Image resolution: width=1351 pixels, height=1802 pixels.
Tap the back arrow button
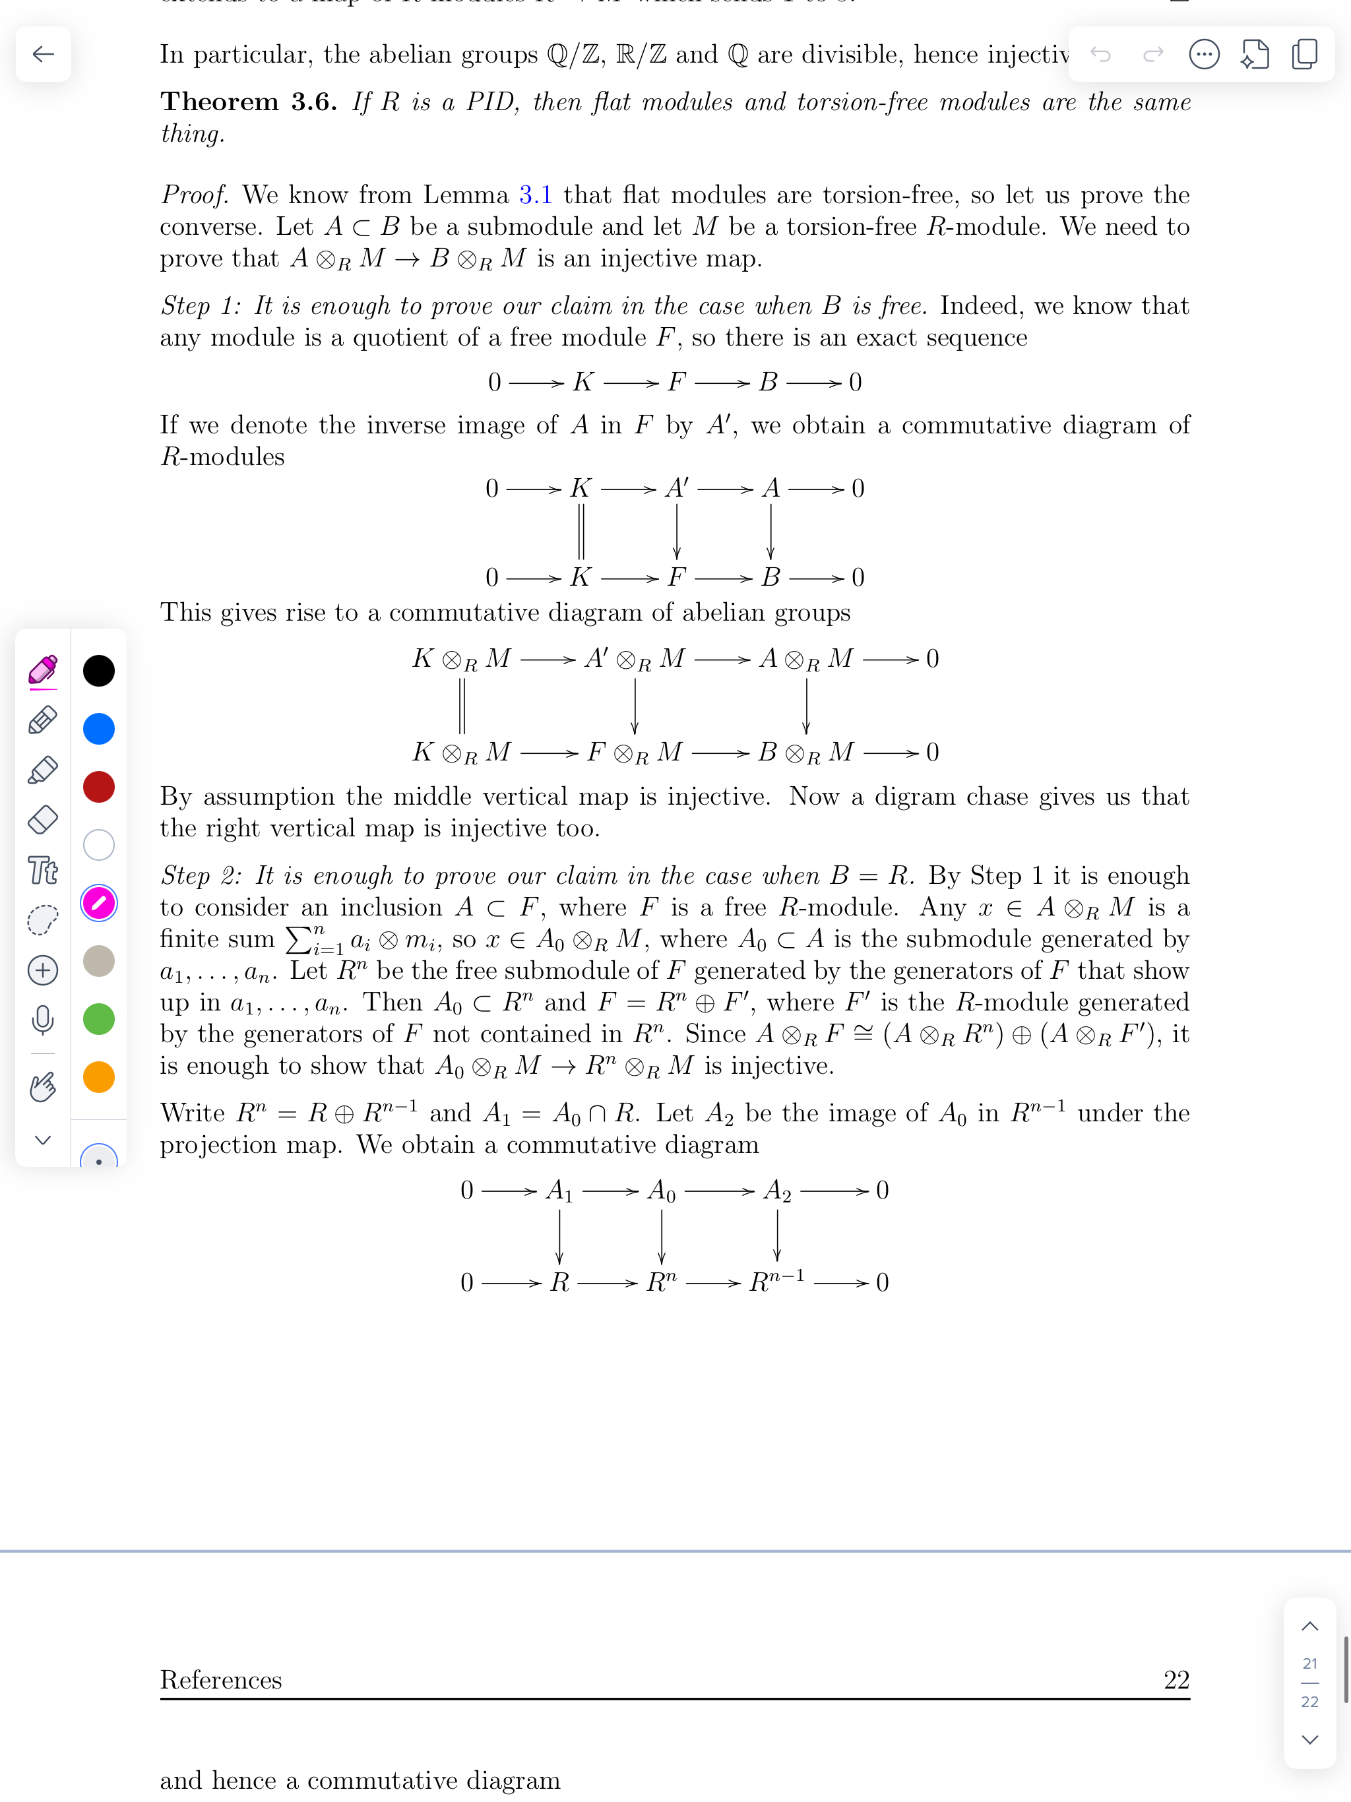tap(43, 55)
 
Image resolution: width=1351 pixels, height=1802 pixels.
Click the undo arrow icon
tap(1101, 55)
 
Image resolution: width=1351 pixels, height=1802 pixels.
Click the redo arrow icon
tap(1153, 55)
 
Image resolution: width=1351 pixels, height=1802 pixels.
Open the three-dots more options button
tap(1203, 55)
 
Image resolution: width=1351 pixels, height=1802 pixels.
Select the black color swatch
tap(98, 670)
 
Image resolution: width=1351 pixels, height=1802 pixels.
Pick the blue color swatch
tap(98, 728)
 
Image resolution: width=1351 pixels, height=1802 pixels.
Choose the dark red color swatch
tap(98, 787)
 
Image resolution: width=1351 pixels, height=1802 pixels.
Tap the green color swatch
tap(98, 1019)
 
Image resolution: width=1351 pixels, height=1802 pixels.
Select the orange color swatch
tap(98, 1077)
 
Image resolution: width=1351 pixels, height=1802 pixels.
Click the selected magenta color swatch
tap(98, 902)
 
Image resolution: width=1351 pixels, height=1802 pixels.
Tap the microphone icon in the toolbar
tap(43, 1019)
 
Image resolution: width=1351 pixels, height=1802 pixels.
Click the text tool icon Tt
tap(43, 870)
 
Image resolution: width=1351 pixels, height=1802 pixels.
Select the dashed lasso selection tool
tap(43, 919)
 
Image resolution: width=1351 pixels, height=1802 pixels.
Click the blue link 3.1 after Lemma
tap(536, 195)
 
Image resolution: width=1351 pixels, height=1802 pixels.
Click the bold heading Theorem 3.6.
tap(249, 102)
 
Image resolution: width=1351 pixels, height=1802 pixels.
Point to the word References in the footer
tap(221, 1679)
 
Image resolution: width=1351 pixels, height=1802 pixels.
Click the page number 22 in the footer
tap(1176, 1679)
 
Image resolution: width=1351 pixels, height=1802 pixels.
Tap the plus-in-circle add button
tap(43, 970)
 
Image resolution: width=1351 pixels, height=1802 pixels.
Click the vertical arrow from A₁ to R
tap(559, 1236)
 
